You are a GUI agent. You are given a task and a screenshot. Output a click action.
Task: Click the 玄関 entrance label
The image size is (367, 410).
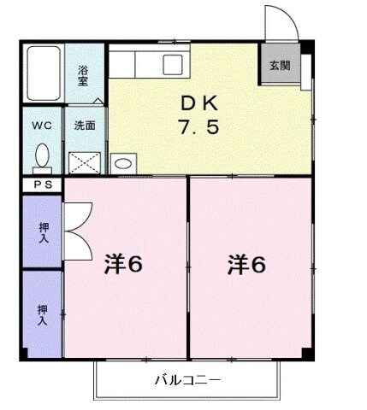tap(279, 65)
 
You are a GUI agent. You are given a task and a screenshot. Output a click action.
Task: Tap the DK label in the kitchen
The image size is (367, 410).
tap(199, 104)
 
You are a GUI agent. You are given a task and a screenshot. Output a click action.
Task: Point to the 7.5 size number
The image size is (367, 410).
tap(199, 130)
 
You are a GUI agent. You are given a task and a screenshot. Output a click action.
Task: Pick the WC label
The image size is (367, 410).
tap(41, 125)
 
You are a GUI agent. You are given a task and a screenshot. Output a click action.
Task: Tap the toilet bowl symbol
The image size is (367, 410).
tap(42, 157)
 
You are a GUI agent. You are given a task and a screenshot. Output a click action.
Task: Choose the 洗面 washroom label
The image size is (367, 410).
tap(85, 125)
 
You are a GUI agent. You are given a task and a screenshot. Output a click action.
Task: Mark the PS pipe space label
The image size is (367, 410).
tap(41, 185)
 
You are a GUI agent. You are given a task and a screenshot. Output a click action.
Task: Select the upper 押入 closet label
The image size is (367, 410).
tap(43, 231)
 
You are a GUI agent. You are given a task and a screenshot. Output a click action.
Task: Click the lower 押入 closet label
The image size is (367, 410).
tap(43, 313)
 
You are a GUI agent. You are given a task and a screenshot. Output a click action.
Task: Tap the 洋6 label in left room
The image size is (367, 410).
tap(123, 266)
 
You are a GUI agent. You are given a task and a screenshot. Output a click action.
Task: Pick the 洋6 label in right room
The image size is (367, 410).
tap(246, 266)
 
